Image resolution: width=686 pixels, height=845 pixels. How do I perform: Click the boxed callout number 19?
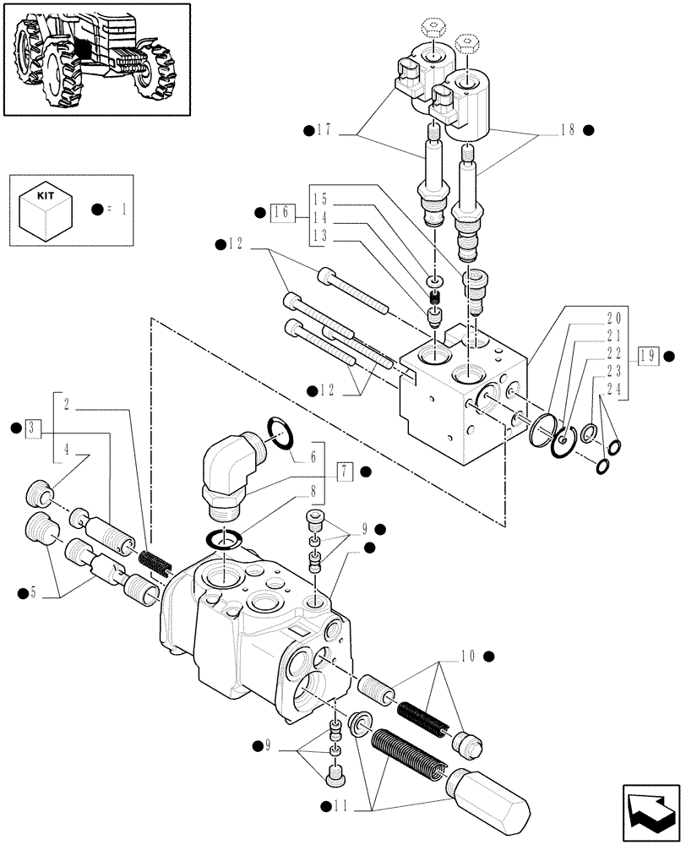click(648, 355)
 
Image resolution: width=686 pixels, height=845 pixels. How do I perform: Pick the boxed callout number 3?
click(33, 428)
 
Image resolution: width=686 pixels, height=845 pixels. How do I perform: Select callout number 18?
click(566, 130)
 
